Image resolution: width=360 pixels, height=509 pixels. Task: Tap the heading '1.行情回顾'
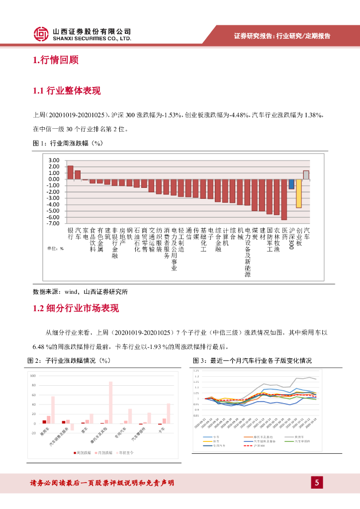pos(55,61)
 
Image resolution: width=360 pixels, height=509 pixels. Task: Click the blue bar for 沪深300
pos(291,184)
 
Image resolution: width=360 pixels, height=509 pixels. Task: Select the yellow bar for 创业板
pos(298,193)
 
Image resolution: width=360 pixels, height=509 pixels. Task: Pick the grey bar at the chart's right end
pos(306,175)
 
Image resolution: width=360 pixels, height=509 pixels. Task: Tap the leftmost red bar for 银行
pos(70,172)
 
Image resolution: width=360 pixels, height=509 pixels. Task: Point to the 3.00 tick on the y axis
pos(54,160)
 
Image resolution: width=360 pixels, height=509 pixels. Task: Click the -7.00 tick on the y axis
pos(53,224)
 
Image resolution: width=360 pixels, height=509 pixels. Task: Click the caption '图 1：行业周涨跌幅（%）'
pos(67,143)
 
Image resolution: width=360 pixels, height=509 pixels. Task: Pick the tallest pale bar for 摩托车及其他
pos(110,403)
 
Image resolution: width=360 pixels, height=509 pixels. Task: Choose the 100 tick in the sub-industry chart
pos(34,376)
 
